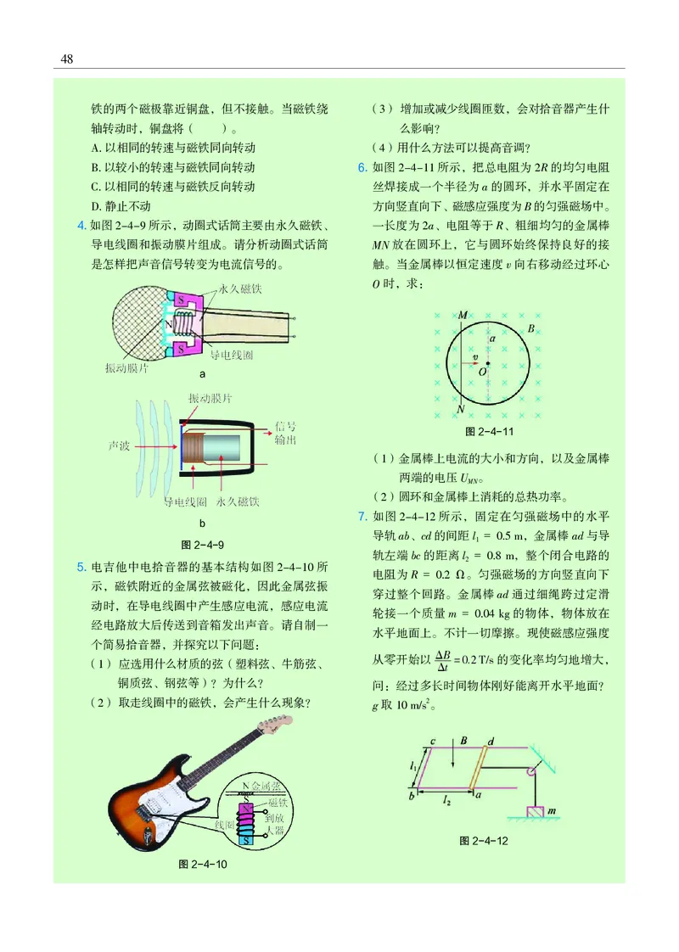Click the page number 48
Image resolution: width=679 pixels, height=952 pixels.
click(x=67, y=59)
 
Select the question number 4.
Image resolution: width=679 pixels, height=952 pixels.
click(x=81, y=225)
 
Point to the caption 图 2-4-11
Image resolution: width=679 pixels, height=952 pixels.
click(x=488, y=432)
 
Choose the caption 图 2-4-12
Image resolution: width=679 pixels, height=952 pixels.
click(x=483, y=840)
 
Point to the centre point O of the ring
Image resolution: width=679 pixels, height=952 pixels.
click(x=488, y=364)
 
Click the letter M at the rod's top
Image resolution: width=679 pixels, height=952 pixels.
click(x=462, y=316)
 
